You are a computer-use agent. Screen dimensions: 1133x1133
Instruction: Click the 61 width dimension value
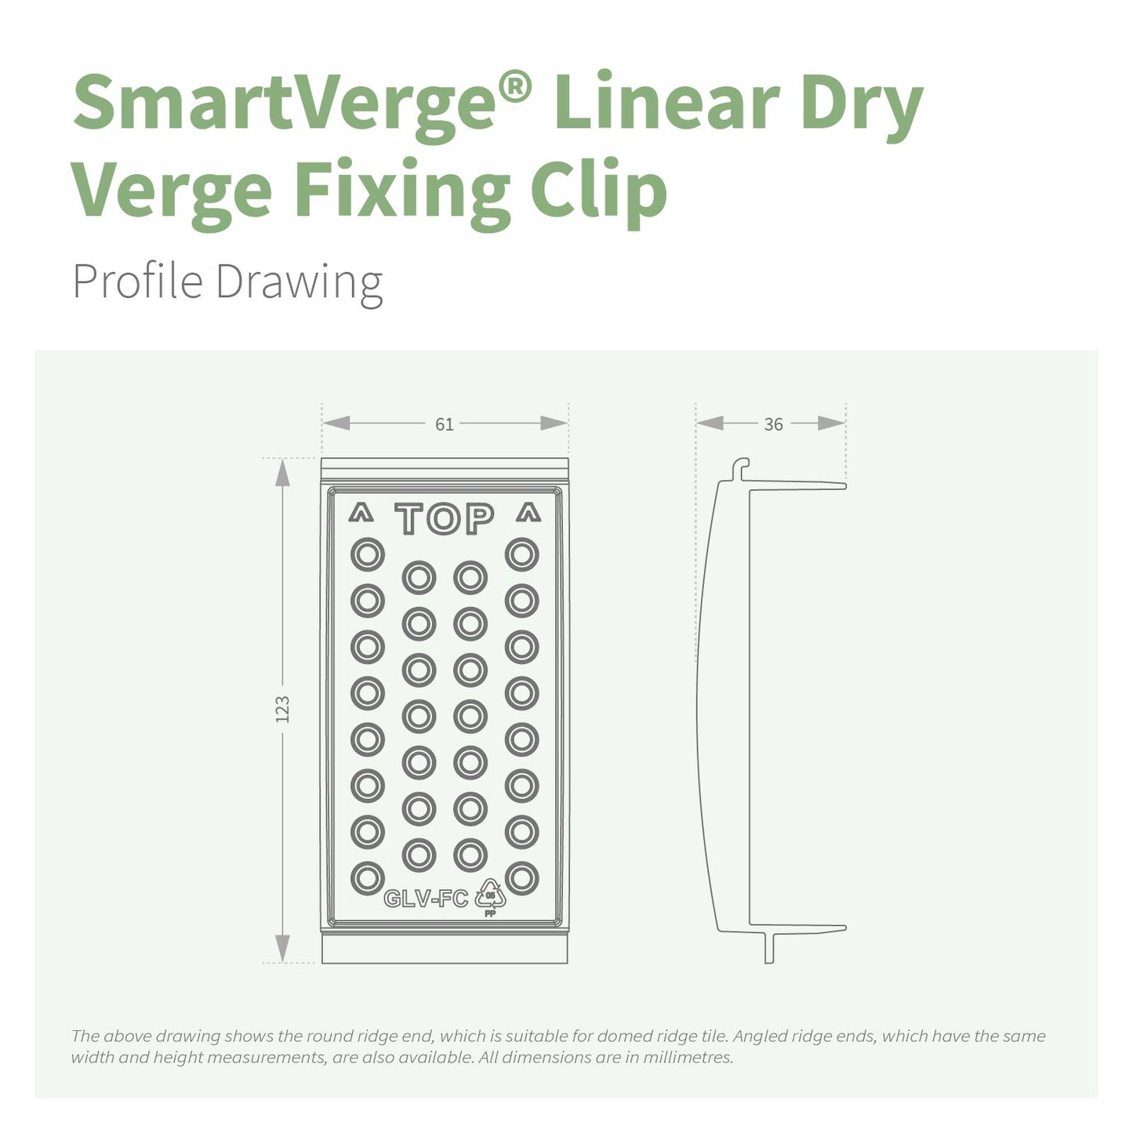[x=445, y=424]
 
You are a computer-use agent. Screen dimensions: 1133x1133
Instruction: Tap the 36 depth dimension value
[x=773, y=424]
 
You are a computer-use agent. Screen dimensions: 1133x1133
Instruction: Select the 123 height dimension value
[x=283, y=709]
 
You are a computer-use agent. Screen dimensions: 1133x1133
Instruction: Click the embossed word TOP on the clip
[x=445, y=518]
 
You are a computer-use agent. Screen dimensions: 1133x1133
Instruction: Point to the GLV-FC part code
[x=426, y=899]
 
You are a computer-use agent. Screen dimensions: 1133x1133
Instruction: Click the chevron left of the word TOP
[x=361, y=514]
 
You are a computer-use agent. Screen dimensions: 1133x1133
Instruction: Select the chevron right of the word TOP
[x=528, y=514]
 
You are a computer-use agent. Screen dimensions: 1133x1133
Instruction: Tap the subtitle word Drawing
[x=299, y=281]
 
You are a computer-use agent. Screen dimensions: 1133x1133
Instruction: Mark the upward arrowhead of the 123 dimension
[x=283, y=473]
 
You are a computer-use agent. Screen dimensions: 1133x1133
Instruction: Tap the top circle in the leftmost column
[x=368, y=555]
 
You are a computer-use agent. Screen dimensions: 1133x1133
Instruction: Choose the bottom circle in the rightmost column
[x=522, y=878]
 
